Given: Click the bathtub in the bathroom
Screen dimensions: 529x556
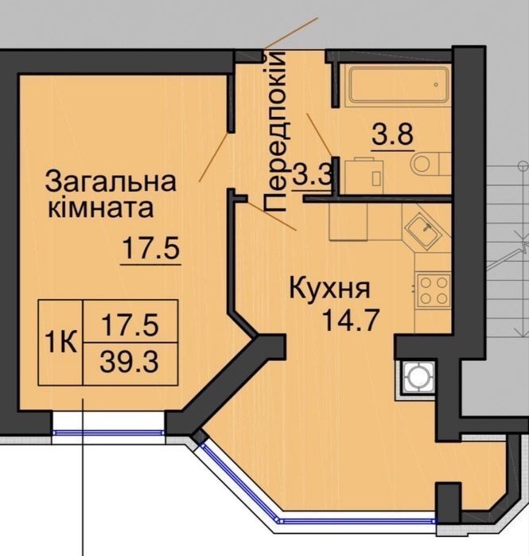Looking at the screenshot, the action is (399, 85).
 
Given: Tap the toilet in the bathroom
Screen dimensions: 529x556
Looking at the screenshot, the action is (430, 164).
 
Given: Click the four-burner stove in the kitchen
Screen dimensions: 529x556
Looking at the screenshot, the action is (433, 290).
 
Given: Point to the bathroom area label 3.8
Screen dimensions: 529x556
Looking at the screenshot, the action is (393, 134).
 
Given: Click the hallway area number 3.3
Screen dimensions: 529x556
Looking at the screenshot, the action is (313, 173).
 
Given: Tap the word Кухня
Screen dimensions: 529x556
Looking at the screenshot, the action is (330, 289).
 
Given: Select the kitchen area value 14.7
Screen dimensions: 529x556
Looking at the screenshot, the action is (351, 321).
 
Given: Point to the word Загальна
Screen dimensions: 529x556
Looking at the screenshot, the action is (111, 181).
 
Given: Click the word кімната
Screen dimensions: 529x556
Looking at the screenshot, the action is (101, 208).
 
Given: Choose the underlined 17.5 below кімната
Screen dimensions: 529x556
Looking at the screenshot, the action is (151, 248).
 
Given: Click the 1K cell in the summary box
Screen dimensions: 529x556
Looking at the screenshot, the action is (60, 343).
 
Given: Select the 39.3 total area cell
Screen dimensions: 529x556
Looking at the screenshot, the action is (129, 363).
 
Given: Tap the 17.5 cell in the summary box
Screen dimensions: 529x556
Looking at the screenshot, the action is (130, 325).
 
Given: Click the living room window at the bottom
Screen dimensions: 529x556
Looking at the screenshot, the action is (108, 432).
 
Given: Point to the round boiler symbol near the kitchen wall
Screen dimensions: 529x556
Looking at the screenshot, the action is (418, 378).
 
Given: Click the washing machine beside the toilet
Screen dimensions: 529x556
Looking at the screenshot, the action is (364, 176).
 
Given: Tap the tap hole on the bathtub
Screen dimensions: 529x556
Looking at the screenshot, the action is (436, 85).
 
